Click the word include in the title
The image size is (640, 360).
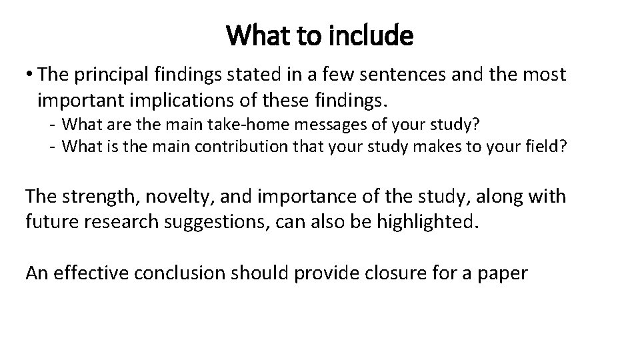[x=375, y=36]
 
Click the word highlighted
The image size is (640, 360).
[x=427, y=221]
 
